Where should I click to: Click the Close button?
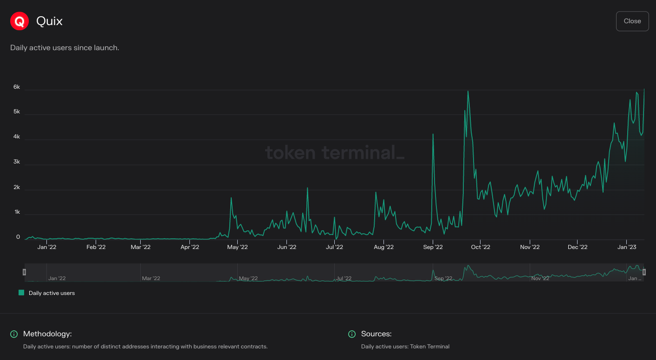[632, 21]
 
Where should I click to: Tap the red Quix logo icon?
[19, 21]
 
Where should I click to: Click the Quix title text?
[49, 21]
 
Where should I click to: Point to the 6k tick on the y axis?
[16, 87]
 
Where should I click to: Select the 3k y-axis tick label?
[16, 162]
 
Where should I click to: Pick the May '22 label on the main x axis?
[237, 247]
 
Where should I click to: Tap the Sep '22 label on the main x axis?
[433, 247]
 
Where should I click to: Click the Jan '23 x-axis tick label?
[627, 247]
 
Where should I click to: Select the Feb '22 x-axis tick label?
[96, 247]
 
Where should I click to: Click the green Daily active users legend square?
[21, 293]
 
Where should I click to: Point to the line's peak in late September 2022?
[468, 91]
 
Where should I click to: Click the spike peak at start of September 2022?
[433, 134]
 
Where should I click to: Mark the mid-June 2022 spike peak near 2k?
[307, 188]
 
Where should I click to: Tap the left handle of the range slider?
[25, 272]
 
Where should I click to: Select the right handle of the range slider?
[644, 272]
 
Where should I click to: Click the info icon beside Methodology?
[14, 334]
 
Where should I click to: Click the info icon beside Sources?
[352, 334]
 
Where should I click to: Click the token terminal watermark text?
[334, 152]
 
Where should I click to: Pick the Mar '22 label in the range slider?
[151, 278]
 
